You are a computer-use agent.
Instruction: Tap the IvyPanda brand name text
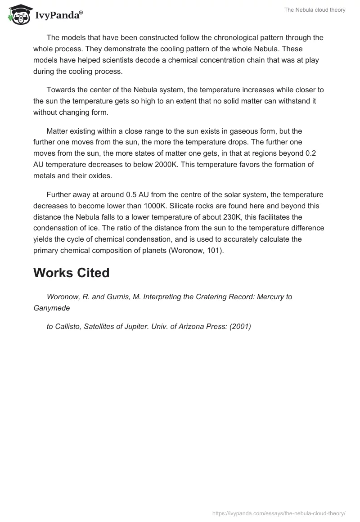click(x=58, y=15)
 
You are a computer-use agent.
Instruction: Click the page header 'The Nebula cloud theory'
click(x=315, y=10)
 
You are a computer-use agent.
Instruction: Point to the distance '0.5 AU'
click(x=139, y=194)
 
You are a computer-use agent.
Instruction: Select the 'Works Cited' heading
click(x=71, y=273)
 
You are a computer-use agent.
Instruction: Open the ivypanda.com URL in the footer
click(x=278, y=513)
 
